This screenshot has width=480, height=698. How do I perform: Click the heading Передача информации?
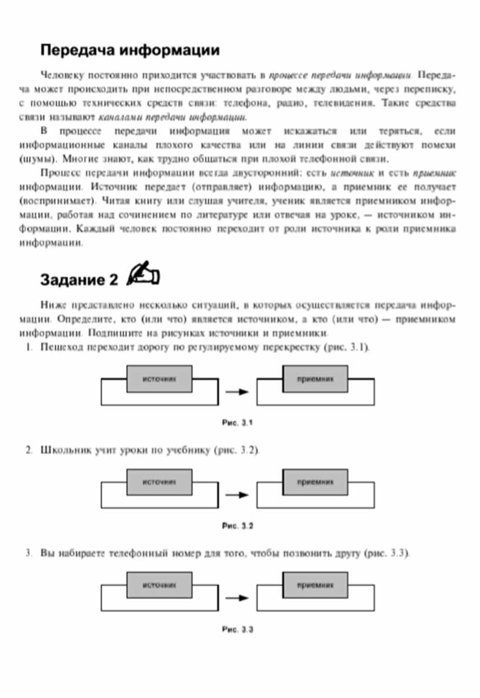pos(130,51)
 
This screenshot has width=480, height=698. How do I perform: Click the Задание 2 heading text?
pos(79,280)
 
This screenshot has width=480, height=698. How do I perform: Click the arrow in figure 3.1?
pos(238,392)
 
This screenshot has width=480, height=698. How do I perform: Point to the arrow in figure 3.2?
pos(238,495)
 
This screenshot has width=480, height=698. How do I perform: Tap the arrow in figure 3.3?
pos(238,598)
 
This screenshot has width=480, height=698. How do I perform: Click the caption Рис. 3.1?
pos(238,422)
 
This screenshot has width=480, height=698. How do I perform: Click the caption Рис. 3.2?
pos(238,525)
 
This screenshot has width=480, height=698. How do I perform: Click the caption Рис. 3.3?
pos(238,629)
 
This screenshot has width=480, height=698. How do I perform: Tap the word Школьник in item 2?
pos(64,451)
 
